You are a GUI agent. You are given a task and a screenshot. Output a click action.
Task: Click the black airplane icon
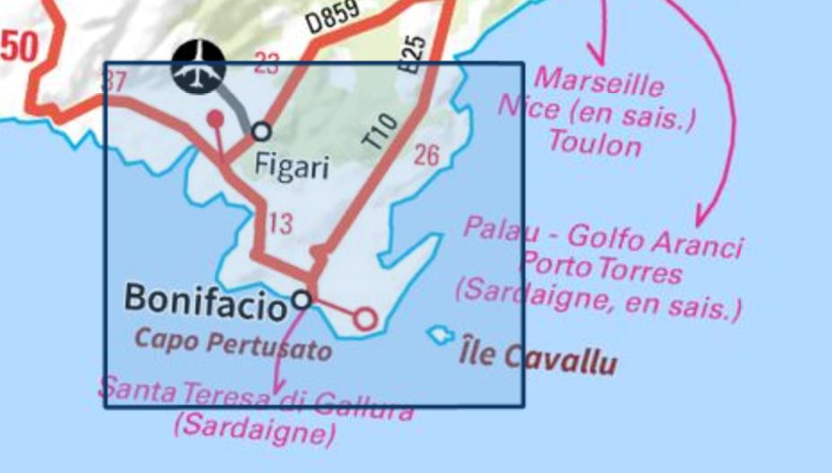198,67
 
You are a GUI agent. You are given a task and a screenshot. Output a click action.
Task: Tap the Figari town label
292,166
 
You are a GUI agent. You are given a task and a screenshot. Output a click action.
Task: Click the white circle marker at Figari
261,132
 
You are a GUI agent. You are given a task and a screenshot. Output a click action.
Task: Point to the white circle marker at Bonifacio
302,299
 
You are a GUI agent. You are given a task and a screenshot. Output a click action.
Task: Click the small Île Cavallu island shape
439,335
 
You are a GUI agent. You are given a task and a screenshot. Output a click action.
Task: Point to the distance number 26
427,155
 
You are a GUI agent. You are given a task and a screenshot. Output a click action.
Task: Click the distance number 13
280,224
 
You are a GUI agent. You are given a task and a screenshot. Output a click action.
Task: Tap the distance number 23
266,63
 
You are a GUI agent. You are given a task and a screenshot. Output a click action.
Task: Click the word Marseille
598,82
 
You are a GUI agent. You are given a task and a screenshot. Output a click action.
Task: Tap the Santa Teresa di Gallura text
256,399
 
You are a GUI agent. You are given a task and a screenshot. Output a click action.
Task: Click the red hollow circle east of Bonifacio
364,318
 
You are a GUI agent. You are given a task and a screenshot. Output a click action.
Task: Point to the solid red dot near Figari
215,117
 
